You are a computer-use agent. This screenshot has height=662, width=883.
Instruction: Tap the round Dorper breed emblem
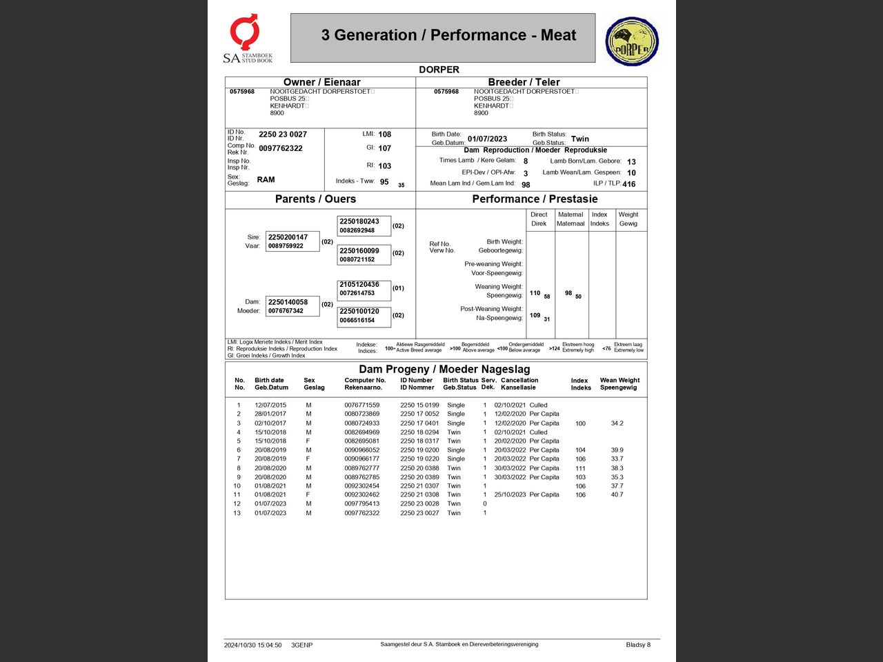632,41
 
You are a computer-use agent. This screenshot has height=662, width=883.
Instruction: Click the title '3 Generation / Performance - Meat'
448,35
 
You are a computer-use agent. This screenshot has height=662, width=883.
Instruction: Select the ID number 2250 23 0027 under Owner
283,134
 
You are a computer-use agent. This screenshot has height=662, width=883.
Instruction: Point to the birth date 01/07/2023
487,139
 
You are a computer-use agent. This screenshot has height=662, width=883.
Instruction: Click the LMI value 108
384,134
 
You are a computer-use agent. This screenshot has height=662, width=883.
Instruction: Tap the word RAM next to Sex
266,179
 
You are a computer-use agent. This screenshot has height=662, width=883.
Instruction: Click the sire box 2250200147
292,241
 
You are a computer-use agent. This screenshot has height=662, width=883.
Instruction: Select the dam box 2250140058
292,305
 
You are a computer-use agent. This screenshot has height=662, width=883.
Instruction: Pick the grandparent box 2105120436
364,288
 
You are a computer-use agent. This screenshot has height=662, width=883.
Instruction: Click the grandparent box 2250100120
364,315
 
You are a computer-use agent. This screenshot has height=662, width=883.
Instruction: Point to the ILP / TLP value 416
628,184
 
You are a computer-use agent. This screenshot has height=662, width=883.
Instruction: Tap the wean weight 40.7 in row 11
617,494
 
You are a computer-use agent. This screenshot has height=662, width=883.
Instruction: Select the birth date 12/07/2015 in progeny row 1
270,405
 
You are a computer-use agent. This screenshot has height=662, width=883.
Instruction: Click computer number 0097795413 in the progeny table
361,503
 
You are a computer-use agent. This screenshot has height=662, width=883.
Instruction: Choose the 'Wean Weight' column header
619,383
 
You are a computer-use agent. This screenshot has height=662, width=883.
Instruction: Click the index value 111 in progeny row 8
580,468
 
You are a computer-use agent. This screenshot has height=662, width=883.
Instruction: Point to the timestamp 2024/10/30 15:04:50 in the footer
252,645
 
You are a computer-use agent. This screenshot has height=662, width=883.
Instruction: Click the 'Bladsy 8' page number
638,645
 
